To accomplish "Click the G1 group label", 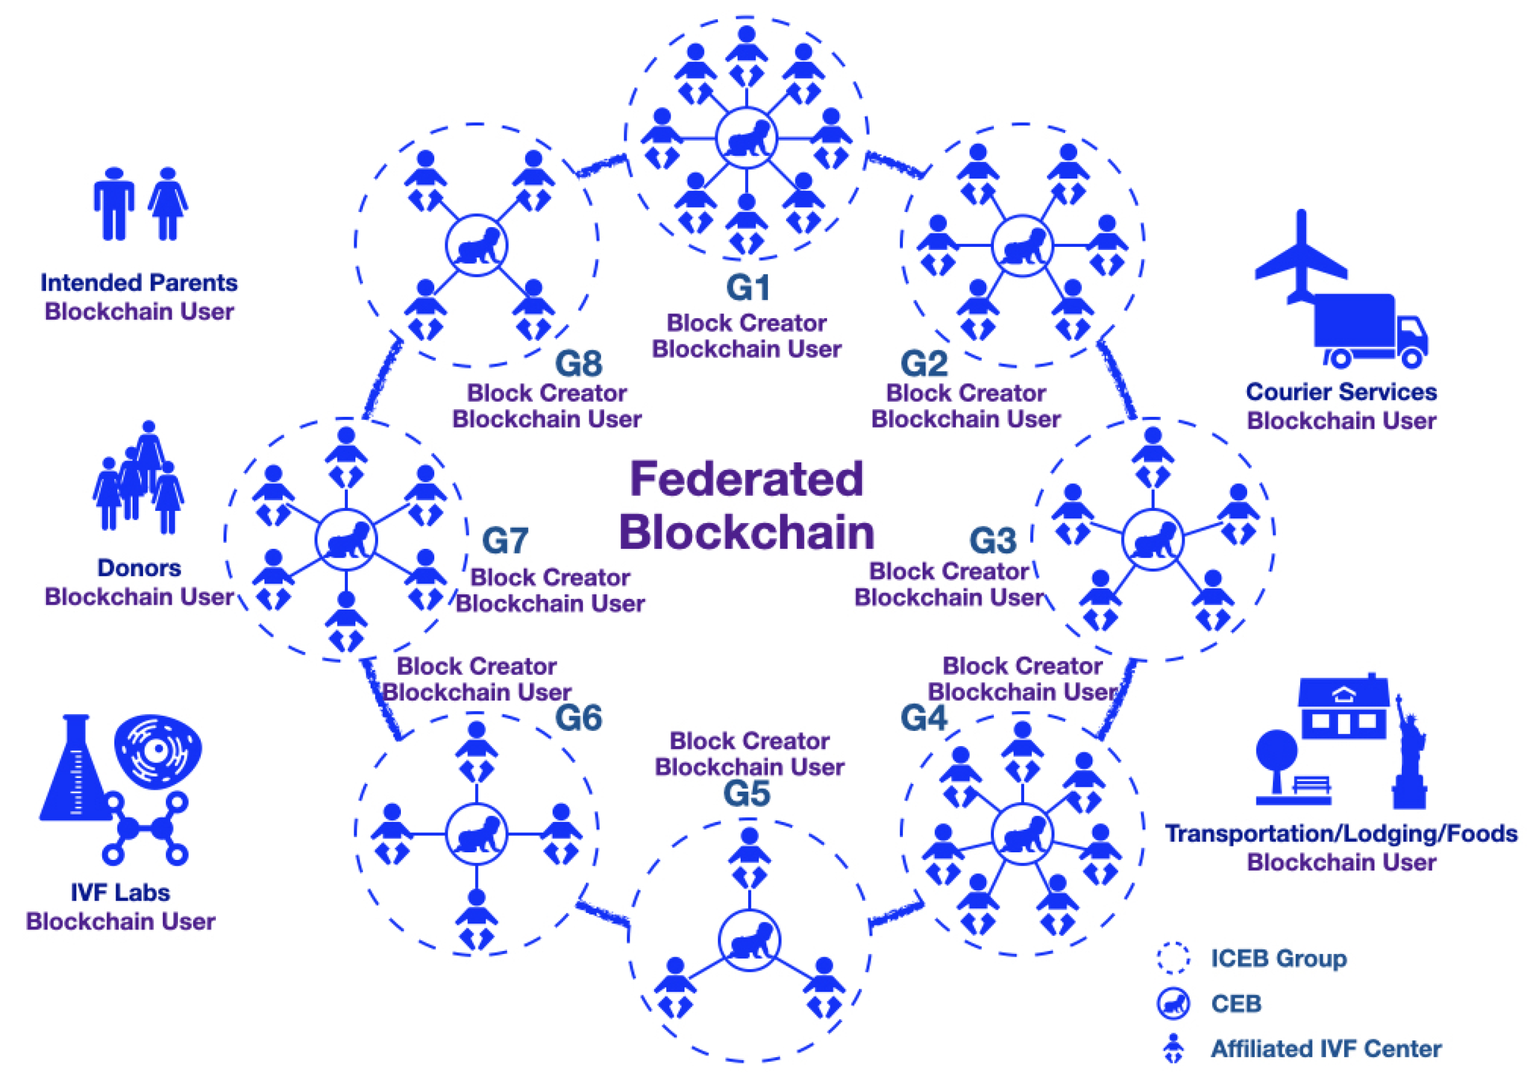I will tap(747, 288).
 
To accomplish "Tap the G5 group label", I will tap(746, 795).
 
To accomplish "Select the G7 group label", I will tap(505, 541).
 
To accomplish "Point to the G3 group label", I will tap(993, 541).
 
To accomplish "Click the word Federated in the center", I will tap(746, 479).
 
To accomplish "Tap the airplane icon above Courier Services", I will tap(1300, 257).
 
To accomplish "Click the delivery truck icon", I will tap(1368, 331).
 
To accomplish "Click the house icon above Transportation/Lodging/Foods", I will tap(1343, 708).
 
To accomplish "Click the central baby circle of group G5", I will tap(749, 940).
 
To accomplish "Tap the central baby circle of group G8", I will tap(476, 246).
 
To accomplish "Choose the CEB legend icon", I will tap(1173, 1003).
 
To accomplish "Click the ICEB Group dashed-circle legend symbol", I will tap(1173, 957).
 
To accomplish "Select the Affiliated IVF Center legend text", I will tap(1326, 1048).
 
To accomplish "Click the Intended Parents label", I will tap(139, 283).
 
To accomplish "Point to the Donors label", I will tap(139, 567).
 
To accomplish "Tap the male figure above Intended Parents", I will tap(114, 203).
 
